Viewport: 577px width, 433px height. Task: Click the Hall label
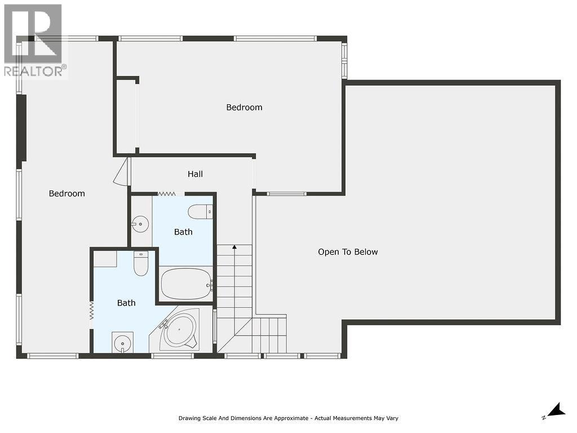tap(195, 174)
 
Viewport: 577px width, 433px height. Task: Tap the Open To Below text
tap(348, 252)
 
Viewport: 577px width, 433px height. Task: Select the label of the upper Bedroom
tap(244, 107)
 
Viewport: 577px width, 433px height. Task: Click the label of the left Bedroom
tap(66, 193)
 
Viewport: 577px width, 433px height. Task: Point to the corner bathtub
tap(179, 330)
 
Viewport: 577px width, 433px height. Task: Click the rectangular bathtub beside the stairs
tap(186, 284)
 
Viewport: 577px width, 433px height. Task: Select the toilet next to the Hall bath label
tap(200, 212)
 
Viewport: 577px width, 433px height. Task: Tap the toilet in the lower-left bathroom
tap(141, 263)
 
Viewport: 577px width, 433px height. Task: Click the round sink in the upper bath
tap(139, 224)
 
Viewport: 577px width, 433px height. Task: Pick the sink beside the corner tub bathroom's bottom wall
tap(122, 342)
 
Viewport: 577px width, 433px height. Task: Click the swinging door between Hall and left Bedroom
tap(122, 172)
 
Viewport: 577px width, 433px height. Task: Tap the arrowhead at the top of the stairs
tap(234, 247)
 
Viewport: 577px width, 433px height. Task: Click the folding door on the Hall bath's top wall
tap(167, 194)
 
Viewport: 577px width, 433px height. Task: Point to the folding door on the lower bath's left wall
tap(91, 311)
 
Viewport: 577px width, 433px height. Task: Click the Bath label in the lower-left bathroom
tap(126, 303)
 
